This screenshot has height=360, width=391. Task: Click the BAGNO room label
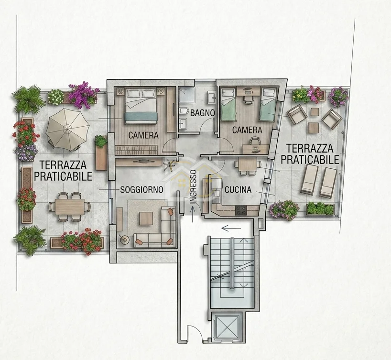click(x=203, y=113)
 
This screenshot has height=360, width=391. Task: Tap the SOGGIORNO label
click(x=141, y=190)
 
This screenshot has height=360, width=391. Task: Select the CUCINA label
click(x=238, y=190)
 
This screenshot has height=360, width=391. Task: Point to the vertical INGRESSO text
click(x=194, y=187)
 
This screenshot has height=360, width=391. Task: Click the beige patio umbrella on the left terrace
click(x=67, y=129)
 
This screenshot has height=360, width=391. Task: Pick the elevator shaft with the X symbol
click(x=227, y=327)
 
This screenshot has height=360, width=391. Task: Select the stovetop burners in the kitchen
click(x=241, y=210)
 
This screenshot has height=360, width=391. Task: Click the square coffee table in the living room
click(x=146, y=218)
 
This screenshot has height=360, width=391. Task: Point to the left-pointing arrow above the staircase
click(x=231, y=228)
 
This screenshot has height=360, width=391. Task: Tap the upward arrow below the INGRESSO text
click(x=193, y=214)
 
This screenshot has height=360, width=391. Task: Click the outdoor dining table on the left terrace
click(x=70, y=207)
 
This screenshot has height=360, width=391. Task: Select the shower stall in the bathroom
click(x=187, y=96)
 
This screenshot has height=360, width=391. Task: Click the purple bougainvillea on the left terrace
click(x=83, y=95)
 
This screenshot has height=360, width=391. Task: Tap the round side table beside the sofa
click(x=124, y=240)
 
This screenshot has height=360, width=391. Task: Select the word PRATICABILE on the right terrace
click(x=310, y=159)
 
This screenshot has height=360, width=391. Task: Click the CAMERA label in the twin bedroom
click(x=247, y=130)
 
